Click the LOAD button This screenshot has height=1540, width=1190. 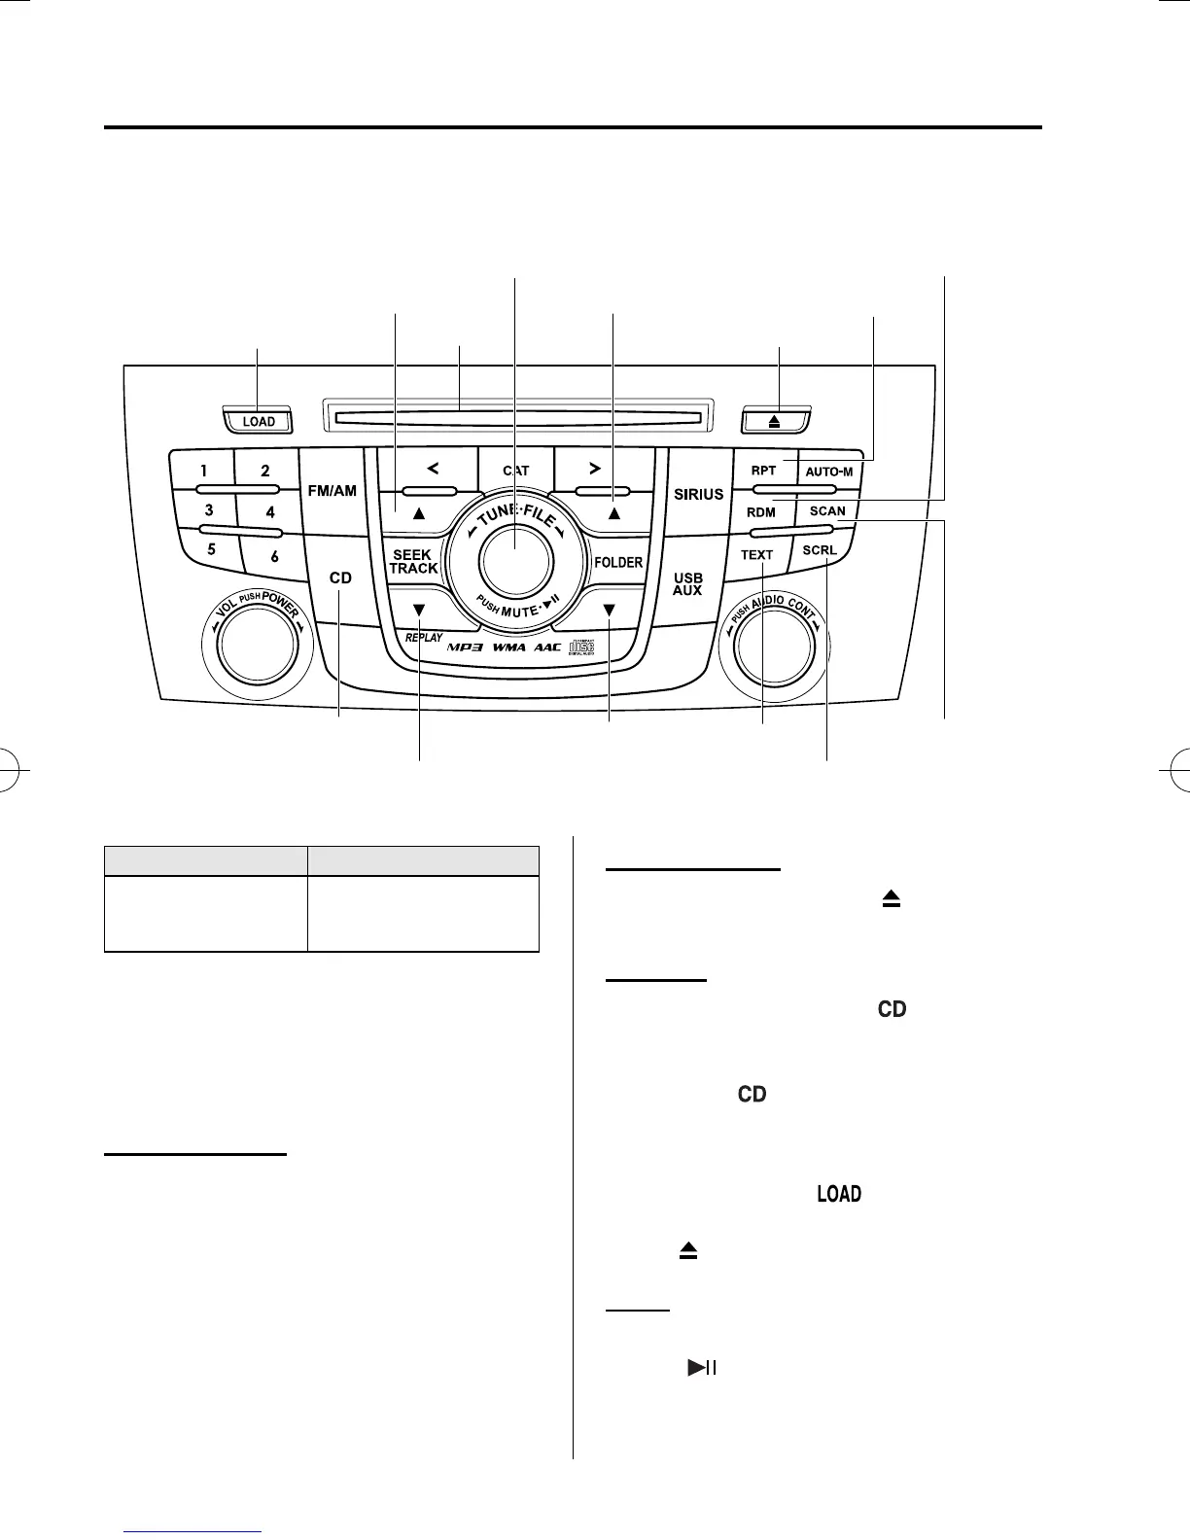pos(259,422)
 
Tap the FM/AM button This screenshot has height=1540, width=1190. pos(332,491)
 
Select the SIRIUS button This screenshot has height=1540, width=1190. pos(698,494)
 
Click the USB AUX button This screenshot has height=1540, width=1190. pos(687,584)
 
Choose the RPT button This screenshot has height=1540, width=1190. pos(763,471)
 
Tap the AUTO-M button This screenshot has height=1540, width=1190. pos(829,472)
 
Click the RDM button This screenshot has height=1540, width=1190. pos(761,512)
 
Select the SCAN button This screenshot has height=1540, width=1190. pos(827,511)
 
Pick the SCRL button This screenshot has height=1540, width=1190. pos(820,550)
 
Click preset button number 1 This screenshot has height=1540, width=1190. pos(204,471)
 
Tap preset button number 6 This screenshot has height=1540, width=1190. pos(274,557)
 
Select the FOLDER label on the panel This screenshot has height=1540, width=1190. pos(618,562)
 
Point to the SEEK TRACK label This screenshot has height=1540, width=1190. pos(413,562)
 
